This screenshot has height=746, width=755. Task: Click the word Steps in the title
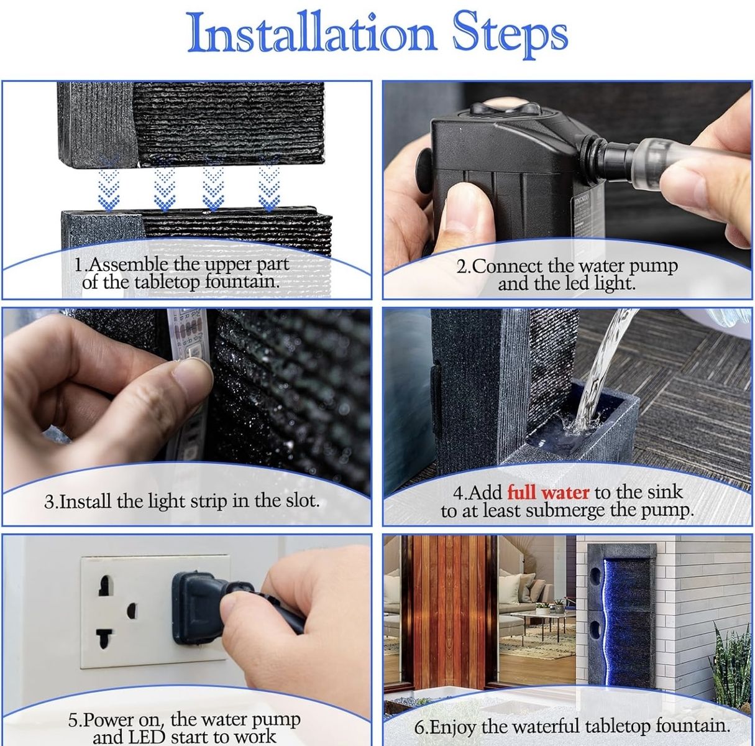[x=511, y=37]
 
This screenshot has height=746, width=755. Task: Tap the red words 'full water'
[x=547, y=492]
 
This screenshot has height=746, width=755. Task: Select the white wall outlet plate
[x=153, y=612]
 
